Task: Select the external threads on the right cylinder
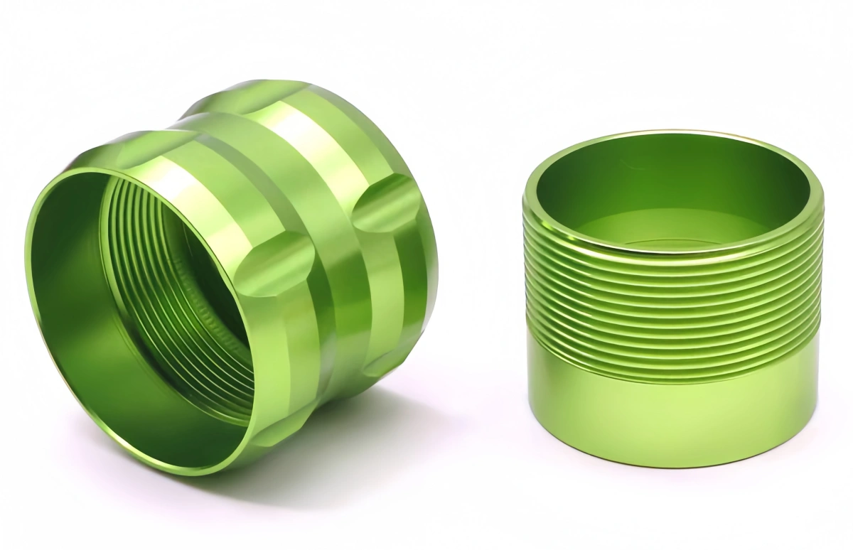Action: tap(672, 298)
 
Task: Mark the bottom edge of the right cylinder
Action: tap(672, 465)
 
